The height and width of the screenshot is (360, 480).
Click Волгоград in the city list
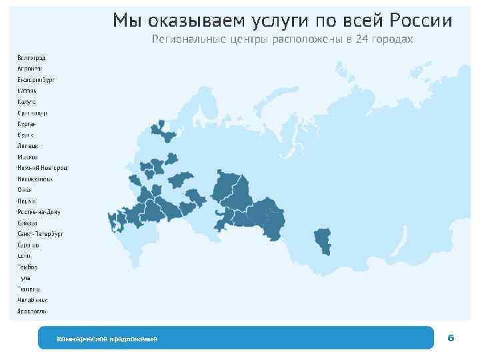pos(31,57)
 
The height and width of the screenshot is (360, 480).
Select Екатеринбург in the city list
pos(36,79)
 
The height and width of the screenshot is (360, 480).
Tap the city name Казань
pos(27,91)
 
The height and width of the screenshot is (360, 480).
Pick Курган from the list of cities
pos(27,124)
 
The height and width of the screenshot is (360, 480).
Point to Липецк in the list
pos(28,145)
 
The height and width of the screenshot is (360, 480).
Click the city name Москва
pos(28,157)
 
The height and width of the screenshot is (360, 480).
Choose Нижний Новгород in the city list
pos(43,168)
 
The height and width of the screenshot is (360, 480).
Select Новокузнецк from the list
pos(35,179)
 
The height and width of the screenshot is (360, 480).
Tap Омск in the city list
pos(25,190)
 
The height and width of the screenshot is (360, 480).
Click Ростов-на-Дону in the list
pos(39,212)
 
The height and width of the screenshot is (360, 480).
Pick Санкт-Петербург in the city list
pos(40,234)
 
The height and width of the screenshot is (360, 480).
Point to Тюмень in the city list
pos(29,289)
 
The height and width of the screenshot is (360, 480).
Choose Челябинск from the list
pos(33,300)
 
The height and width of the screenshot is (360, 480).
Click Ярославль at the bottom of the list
pos(32,311)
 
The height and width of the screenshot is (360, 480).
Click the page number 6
pos(451,339)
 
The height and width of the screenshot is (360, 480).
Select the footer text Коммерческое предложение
pos(107,339)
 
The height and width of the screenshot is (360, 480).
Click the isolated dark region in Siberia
pos(323,240)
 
